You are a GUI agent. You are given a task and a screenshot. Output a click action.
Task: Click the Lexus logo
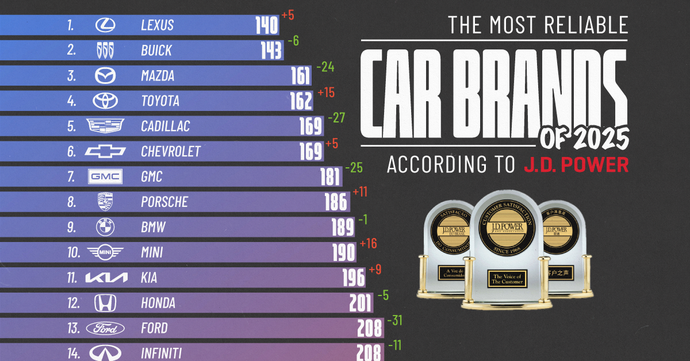105,25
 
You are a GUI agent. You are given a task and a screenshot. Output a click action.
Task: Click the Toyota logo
105,101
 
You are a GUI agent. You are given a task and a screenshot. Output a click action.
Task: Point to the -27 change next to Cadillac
336,117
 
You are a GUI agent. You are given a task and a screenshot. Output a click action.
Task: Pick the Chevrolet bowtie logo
105,151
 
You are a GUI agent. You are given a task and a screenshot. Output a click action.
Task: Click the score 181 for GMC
330,177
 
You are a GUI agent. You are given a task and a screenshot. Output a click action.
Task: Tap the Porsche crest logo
105,202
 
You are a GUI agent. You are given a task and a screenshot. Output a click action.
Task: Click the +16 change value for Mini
368,244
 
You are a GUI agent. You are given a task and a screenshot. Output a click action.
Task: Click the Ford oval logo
105,328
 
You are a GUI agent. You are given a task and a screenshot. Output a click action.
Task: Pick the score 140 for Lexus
267,25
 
